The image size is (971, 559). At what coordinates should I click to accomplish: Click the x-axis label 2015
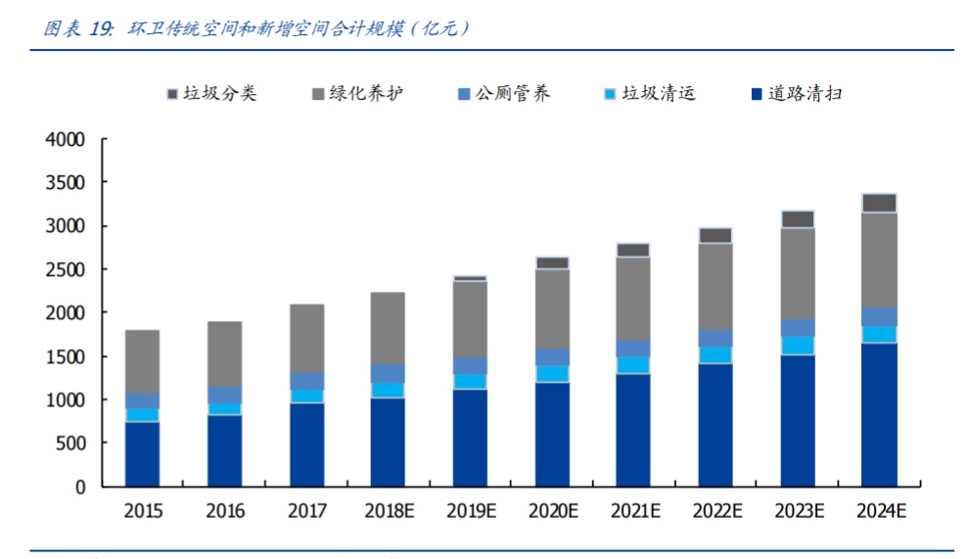[x=143, y=511]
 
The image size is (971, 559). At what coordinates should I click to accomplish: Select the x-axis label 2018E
[x=388, y=511]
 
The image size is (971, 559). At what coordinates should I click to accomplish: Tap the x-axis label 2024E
[x=879, y=511]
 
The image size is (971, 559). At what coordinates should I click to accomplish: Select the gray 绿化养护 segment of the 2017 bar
[x=306, y=339]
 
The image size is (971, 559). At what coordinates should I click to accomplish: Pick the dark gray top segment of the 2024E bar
[x=879, y=203]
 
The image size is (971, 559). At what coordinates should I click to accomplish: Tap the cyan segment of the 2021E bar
[x=633, y=365]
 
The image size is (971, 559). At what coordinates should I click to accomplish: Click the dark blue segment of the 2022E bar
[x=716, y=425]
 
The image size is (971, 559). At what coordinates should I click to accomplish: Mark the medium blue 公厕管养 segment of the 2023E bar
[x=798, y=328]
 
